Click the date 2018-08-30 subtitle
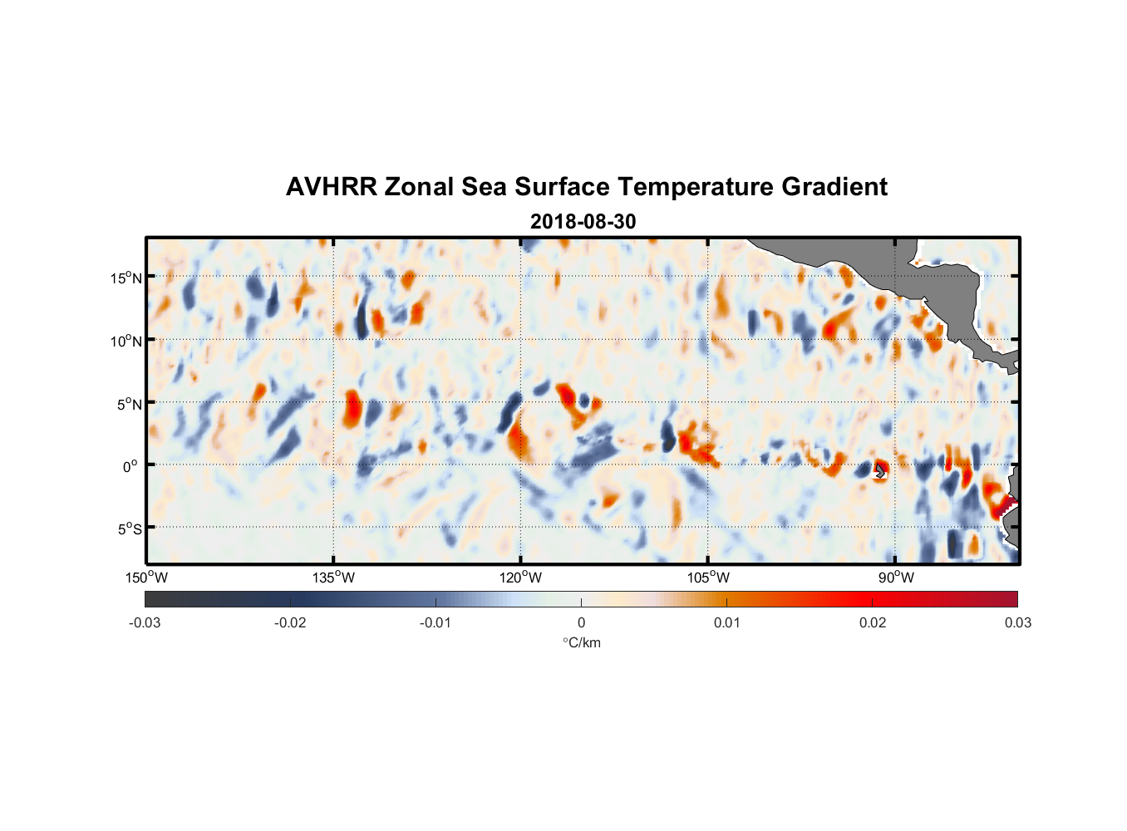coord(583,222)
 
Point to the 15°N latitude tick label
coord(125,278)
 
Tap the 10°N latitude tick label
coord(125,341)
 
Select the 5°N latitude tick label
coord(129,404)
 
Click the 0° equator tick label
coord(131,466)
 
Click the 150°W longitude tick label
coord(146,578)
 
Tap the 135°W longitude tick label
coord(334,578)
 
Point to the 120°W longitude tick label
coord(521,578)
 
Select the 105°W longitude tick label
coord(708,578)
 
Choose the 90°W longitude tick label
coord(896,578)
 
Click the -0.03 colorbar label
coord(145,622)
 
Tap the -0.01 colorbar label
coord(436,622)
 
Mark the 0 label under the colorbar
coord(581,622)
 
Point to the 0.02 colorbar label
coord(873,622)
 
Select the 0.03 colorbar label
coord(1017,622)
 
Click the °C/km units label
coord(581,642)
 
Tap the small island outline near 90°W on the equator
coord(880,471)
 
